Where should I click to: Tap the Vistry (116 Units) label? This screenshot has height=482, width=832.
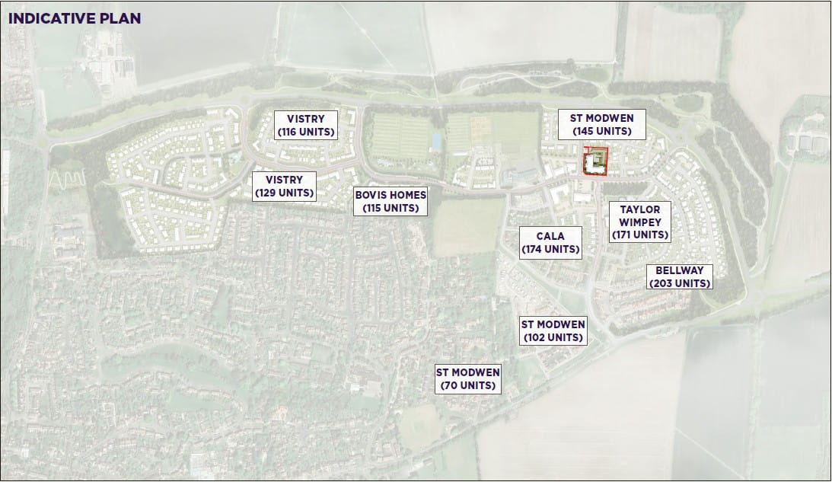(305, 125)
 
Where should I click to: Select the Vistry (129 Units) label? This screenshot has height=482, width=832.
(284, 186)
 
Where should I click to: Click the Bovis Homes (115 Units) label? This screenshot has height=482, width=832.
(391, 201)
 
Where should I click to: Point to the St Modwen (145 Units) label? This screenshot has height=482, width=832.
(601, 124)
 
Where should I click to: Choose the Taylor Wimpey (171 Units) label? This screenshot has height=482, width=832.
(639, 222)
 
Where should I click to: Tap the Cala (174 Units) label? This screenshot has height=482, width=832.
(550, 242)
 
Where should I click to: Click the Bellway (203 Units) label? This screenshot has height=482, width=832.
(679, 276)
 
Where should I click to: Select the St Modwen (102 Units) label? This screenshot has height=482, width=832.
(553, 330)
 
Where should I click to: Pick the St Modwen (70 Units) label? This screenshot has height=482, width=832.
(467, 378)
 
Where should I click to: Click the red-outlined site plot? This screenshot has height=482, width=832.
(595, 161)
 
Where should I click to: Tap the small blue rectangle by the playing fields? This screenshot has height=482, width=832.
(435, 141)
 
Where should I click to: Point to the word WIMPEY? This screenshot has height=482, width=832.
(640, 222)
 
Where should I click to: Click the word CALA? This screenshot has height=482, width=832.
(550, 236)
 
